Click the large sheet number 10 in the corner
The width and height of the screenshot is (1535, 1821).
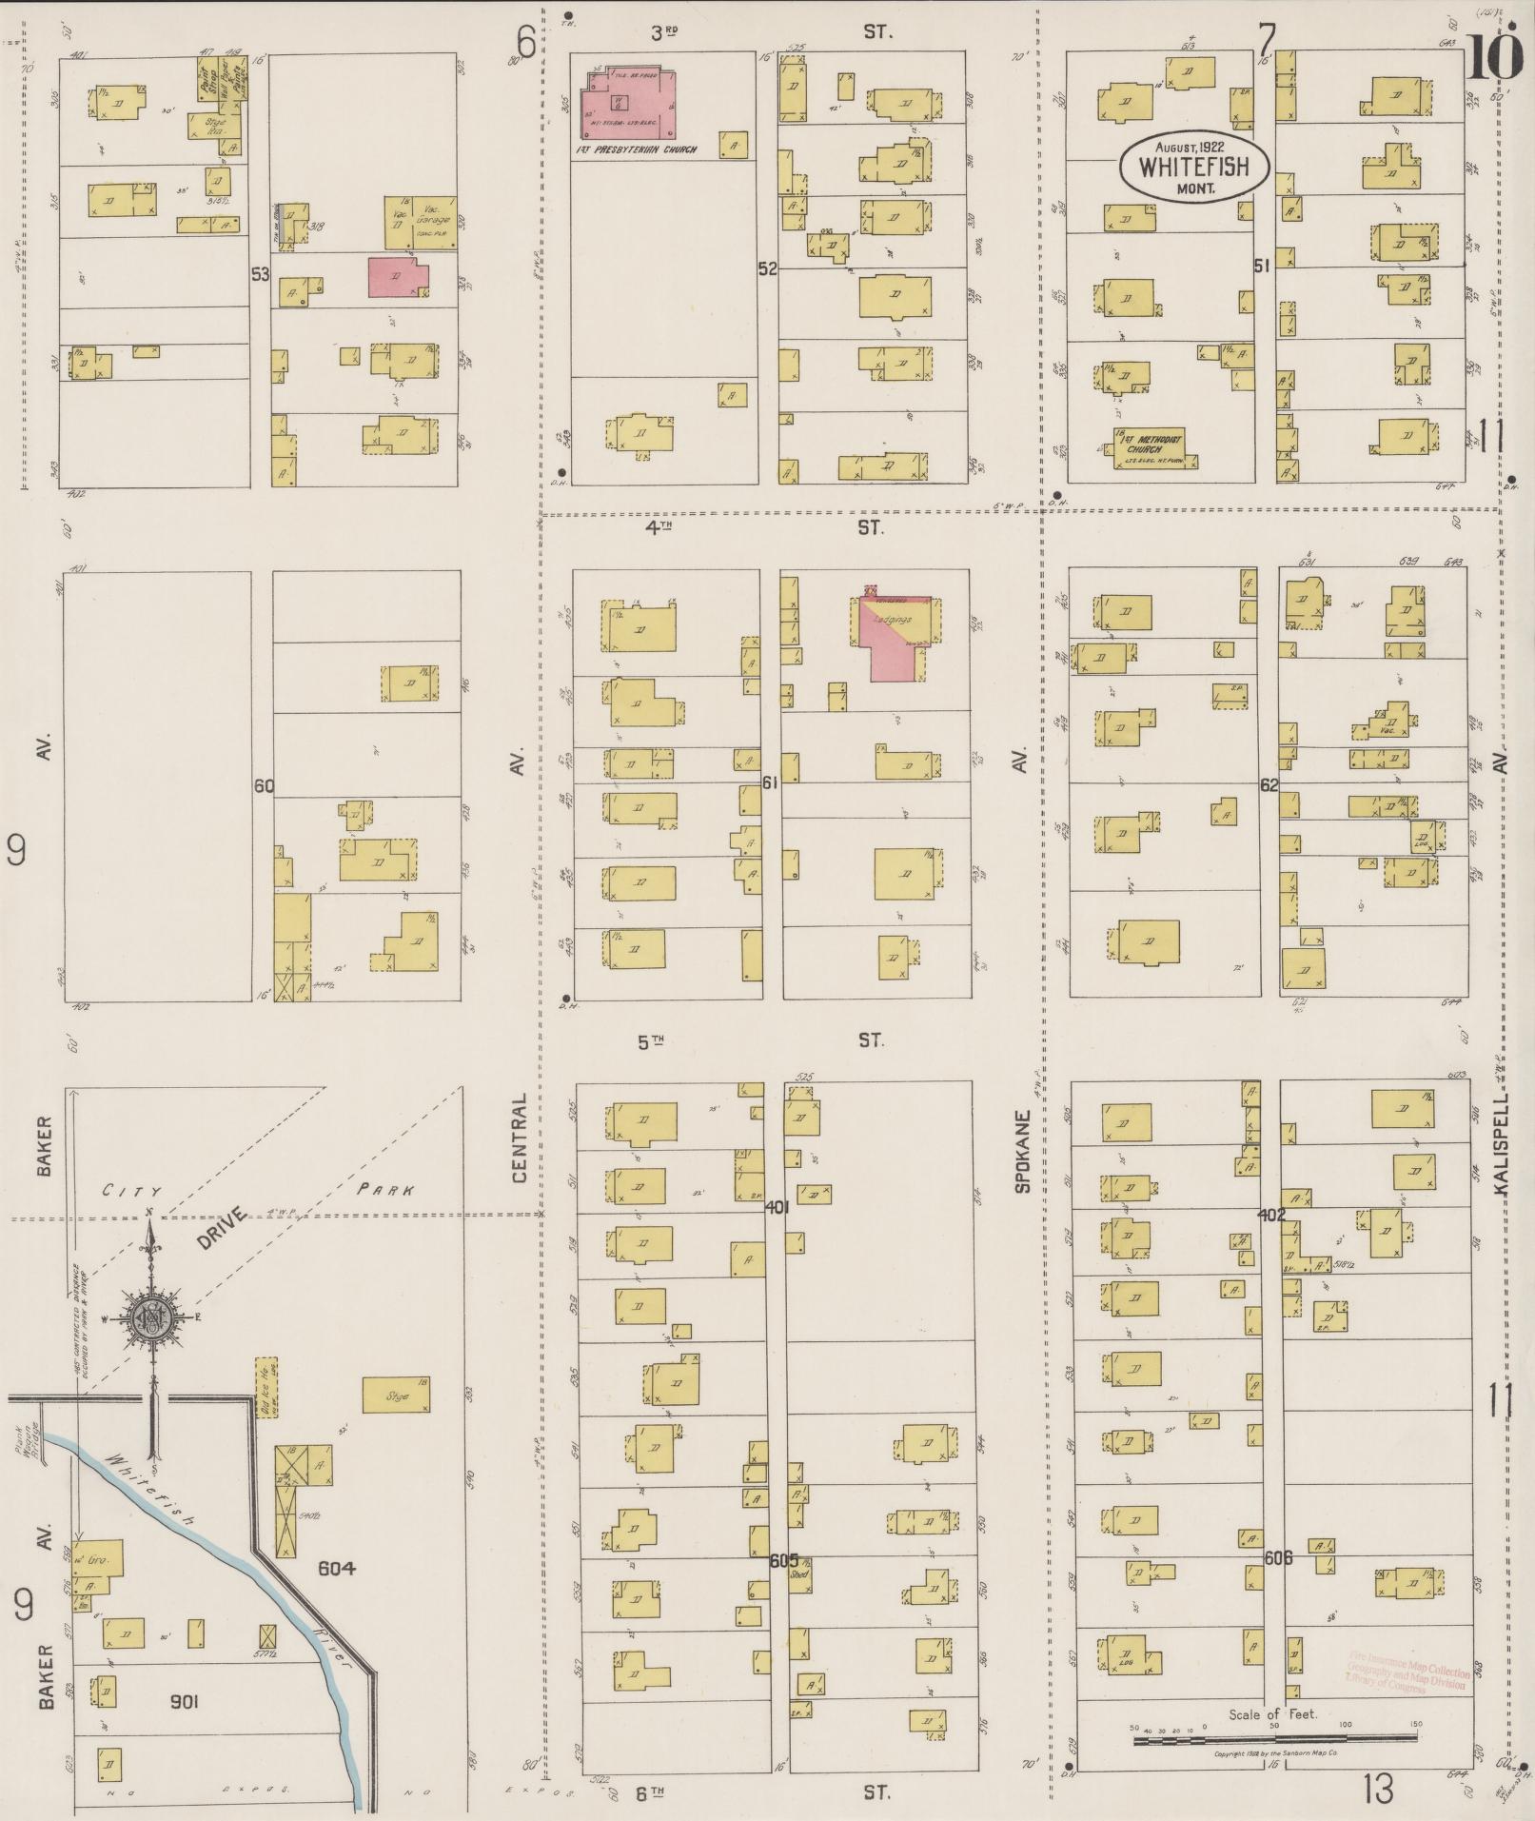(1494, 55)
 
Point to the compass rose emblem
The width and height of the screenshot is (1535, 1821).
(150, 1316)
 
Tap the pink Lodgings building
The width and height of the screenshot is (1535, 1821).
(895, 632)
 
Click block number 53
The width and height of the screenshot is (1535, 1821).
(259, 274)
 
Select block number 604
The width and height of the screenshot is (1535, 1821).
(337, 1567)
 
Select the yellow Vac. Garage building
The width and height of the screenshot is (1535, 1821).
(420, 222)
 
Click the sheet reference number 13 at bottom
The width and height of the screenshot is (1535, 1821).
(1377, 1790)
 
